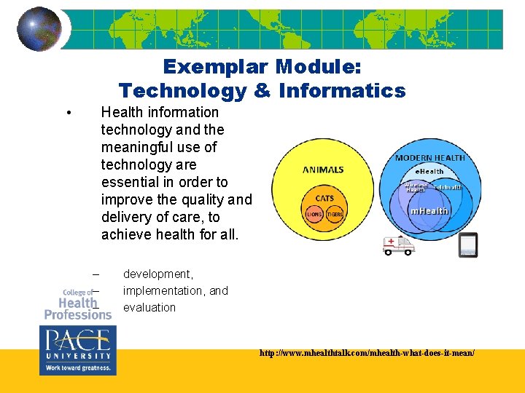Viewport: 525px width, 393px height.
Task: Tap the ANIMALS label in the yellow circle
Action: [323, 170]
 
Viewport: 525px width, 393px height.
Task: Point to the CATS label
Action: [324, 198]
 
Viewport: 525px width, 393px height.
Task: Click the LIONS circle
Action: [314, 214]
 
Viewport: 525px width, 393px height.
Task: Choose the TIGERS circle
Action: [335, 214]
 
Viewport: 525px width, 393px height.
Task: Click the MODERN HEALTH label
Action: [429, 158]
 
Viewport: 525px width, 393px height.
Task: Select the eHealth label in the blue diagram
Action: [429, 171]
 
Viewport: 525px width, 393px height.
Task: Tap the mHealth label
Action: [429, 211]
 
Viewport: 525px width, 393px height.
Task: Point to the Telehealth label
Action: [448, 187]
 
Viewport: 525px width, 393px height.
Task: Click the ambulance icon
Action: [398, 245]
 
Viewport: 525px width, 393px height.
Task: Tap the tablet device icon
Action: [467, 245]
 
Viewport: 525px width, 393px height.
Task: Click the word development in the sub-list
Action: [158, 274]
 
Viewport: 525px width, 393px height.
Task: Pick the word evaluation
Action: [149, 308]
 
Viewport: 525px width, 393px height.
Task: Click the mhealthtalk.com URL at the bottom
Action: [367, 352]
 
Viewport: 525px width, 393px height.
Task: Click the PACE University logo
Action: [76, 350]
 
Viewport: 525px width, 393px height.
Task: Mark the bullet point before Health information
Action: [67, 113]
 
